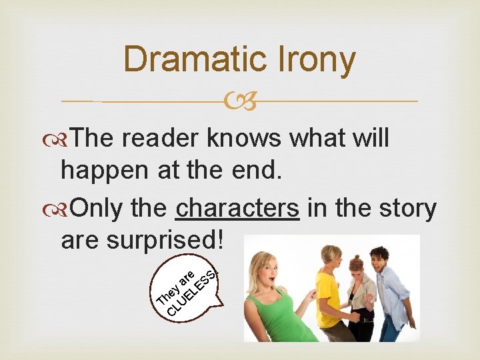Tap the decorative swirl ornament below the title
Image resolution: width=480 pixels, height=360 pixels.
point(240,102)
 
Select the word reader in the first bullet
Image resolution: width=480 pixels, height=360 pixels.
point(161,138)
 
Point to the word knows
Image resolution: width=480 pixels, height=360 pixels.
point(245,138)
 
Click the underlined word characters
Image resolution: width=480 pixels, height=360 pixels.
point(237,208)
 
